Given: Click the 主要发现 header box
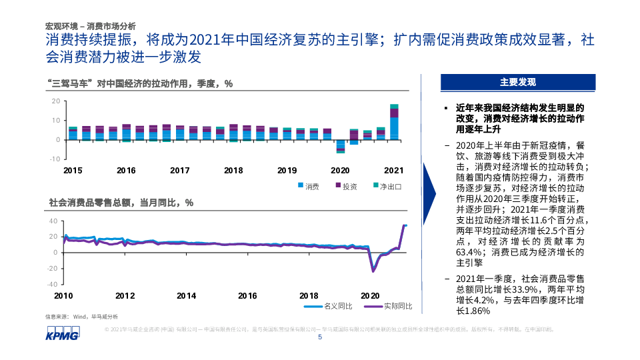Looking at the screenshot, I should click(518, 82).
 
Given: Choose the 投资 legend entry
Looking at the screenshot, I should click(345, 186).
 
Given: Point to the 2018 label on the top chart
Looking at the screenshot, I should click(233, 170).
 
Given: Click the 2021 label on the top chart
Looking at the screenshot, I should click(394, 170).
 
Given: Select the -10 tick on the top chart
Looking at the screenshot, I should click(56, 159).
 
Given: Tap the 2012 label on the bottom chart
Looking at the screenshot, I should click(125, 295).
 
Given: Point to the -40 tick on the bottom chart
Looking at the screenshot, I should click(53, 284).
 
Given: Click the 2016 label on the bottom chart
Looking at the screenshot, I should click(247, 295).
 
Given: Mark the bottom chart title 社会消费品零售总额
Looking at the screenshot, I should click(121, 202).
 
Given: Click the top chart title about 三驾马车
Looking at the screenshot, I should click(141, 83).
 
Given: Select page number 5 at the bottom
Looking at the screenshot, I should click(320, 337).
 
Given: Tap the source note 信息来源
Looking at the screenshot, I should click(81, 316).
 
